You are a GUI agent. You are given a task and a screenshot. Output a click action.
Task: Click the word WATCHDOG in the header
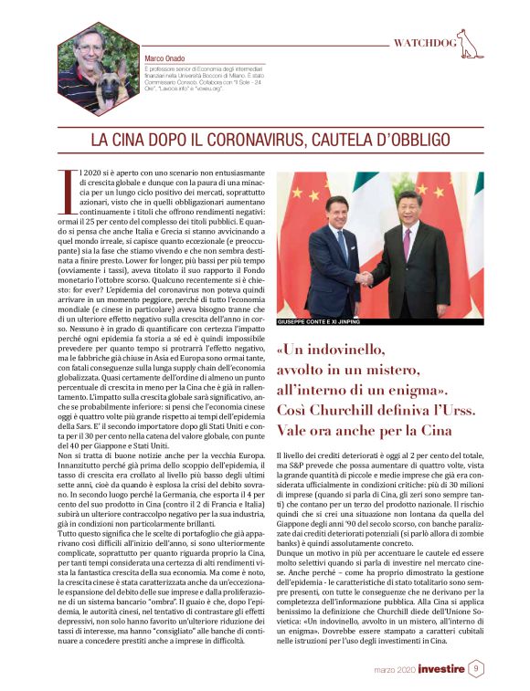(x=424, y=43)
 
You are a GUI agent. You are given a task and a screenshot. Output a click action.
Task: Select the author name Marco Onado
(x=165, y=59)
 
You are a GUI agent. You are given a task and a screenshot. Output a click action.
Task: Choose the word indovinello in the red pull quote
(x=335, y=349)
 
